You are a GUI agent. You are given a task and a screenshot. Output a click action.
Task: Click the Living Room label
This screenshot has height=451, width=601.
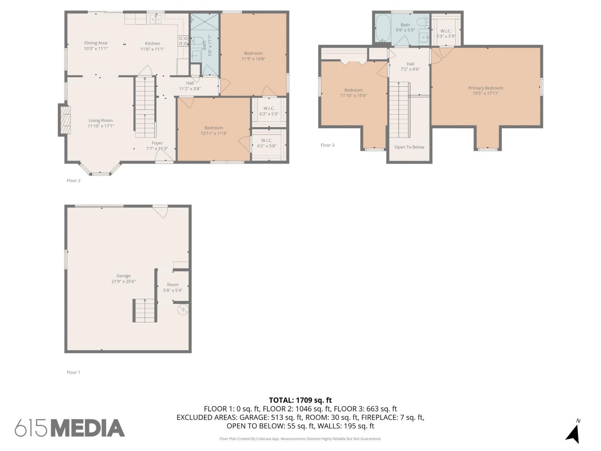[101, 121]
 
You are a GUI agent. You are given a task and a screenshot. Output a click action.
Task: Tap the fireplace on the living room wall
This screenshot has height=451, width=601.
[65, 119]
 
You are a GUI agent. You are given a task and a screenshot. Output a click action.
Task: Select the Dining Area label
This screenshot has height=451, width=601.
[95, 43]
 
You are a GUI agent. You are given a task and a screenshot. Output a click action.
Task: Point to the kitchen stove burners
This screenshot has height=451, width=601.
[183, 41]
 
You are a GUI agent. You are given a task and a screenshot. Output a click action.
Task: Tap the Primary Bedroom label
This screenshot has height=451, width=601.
[486, 88]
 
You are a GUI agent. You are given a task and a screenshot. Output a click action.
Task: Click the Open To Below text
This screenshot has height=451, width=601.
[409, 147]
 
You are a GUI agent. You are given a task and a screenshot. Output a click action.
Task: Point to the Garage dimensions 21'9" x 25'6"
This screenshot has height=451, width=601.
[123, 281]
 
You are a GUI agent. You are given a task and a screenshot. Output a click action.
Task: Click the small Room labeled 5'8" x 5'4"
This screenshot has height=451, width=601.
[173, 287]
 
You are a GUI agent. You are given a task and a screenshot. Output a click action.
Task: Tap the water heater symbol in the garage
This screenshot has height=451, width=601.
[183, 309]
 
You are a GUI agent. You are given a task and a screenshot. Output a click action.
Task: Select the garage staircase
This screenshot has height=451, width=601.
[145, 311]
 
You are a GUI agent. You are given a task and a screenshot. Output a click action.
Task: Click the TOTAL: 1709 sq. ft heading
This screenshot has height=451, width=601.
[300, 400]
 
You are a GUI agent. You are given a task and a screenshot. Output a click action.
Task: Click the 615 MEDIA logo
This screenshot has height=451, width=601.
[70, 428]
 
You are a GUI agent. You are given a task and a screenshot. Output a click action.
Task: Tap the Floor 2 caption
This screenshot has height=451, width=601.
[73, 180]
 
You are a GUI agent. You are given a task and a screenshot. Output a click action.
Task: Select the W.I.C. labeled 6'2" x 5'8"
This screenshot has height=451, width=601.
[266, 143]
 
